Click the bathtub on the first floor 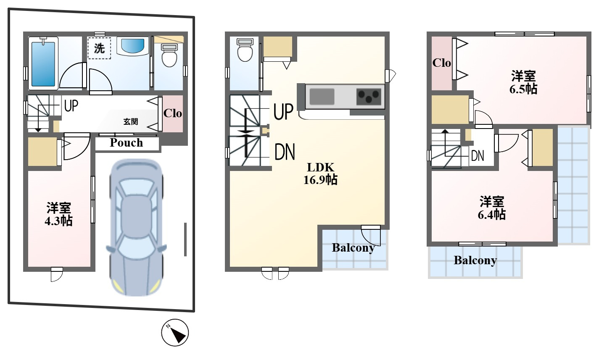tap(43, 63)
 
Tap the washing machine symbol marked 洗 tap(99, 48)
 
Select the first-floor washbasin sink tap(132, 46)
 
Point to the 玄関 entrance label tap(130, 121)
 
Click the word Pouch tap(126, 143)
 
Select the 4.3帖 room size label tap(58, 221)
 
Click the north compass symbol tap(175, 332)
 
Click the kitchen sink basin tap(322, 97)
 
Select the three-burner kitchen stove tap(369, 97)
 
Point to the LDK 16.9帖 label tap(320, 174)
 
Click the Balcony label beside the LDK tap(353, 248)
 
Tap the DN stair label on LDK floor tap(285, 152)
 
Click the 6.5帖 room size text tap(523, 89)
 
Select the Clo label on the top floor tap(442, 63)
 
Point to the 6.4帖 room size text tap(492, 215)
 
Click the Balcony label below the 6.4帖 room tap(475, 260)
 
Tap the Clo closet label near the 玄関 tap(173, 113)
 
